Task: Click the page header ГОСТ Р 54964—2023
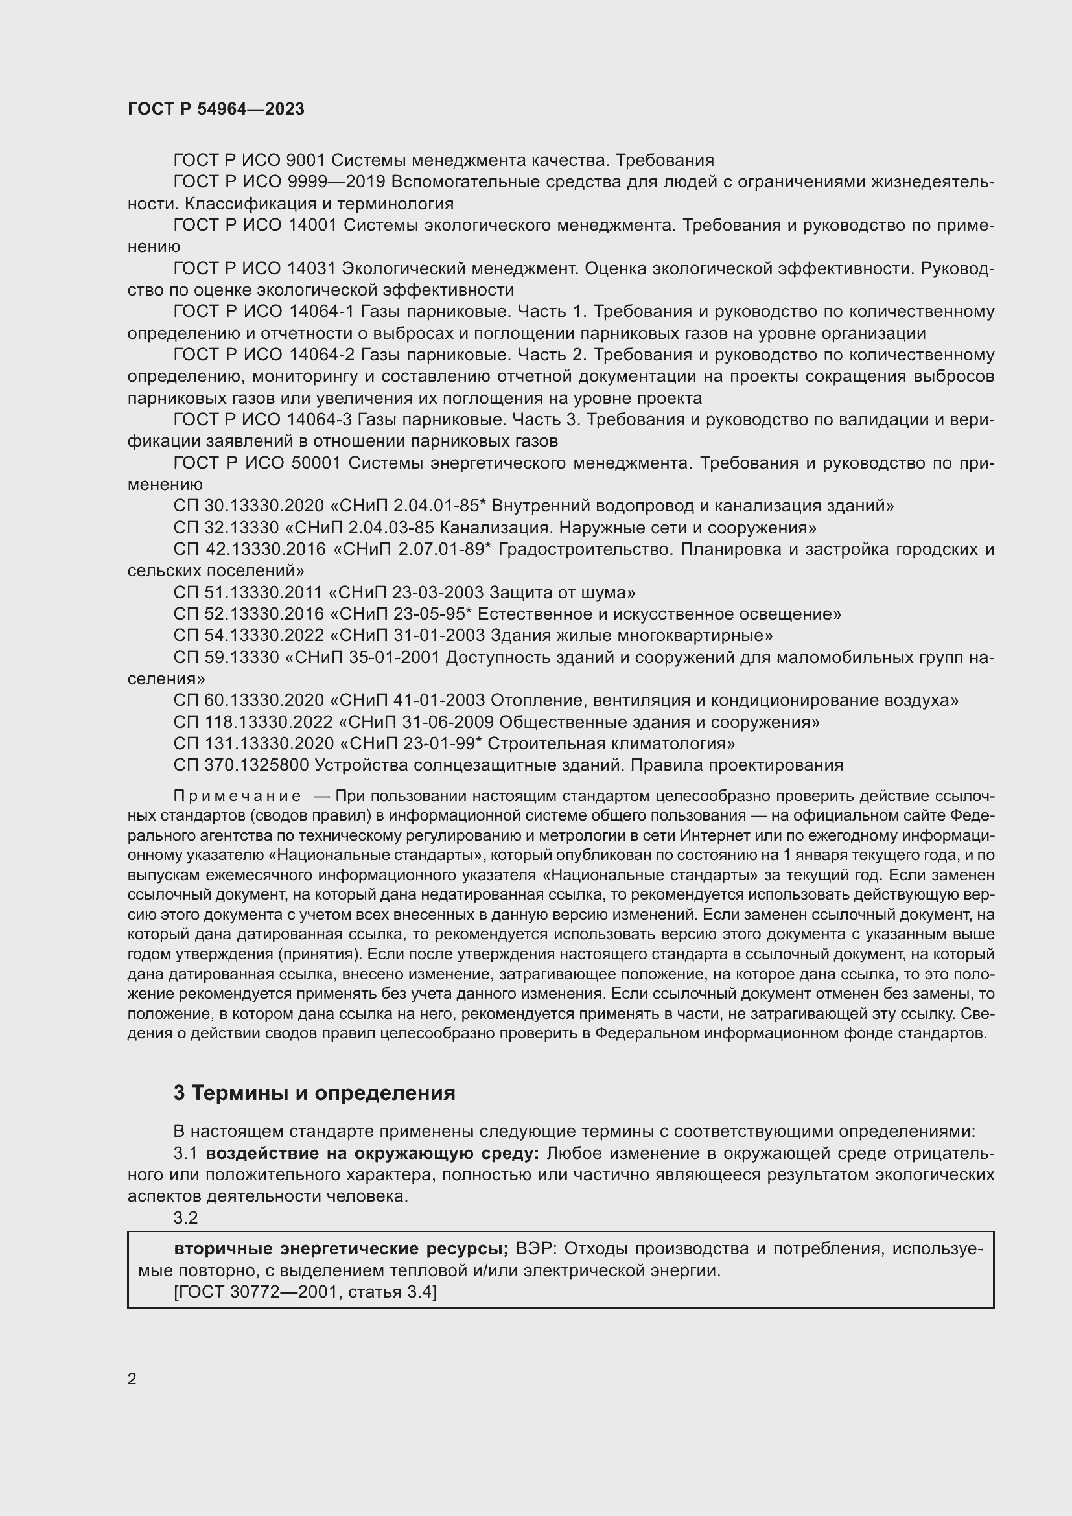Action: (216, 109)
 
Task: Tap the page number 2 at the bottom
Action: (132, 1379)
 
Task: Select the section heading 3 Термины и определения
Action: (314, 1093)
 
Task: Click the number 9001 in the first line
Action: (306, 161)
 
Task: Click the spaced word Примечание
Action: (237, 797)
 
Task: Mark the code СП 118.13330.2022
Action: (253, 722)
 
